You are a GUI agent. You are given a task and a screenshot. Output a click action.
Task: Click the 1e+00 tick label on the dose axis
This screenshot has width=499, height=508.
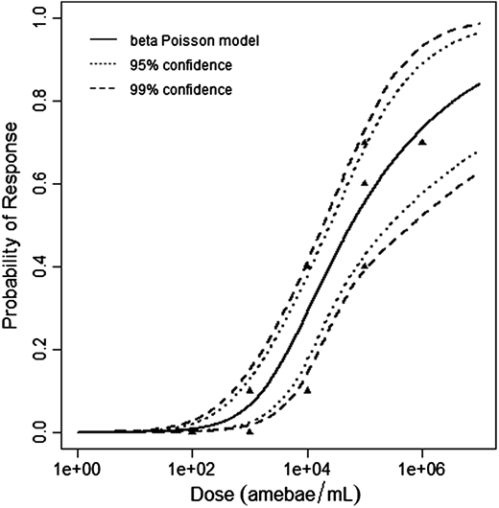coord(77,470)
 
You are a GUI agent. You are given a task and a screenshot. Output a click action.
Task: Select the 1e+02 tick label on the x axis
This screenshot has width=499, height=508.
coord(192,470)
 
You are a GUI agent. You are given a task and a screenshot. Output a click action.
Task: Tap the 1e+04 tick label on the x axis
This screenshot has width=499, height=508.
coord(307,470)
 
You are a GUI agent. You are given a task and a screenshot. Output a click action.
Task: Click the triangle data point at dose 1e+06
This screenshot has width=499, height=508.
coord(422,142)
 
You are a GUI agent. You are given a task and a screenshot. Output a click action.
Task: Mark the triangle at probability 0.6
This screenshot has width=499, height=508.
coord(365,182)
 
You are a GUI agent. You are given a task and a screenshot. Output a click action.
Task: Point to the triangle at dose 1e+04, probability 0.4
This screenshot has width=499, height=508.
coord(307,266)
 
